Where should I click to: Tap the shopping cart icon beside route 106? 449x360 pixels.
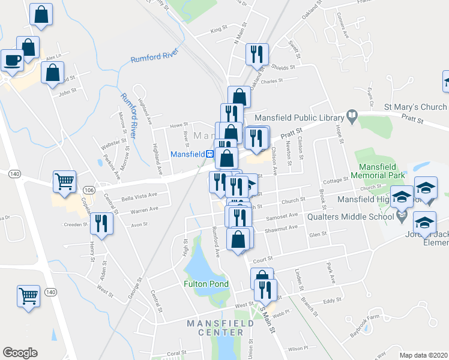tap(65, 179)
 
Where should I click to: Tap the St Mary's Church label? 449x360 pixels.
tap(415, 107)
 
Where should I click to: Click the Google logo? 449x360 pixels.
tap(20, 353)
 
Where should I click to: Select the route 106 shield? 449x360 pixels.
tap(89, 190)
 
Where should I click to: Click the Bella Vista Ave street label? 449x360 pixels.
tap(139, 196)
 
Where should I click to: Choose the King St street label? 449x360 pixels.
tap(220, 29)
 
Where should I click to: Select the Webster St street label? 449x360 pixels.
tap(113, 145)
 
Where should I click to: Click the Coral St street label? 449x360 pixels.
tap(176, 353)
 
